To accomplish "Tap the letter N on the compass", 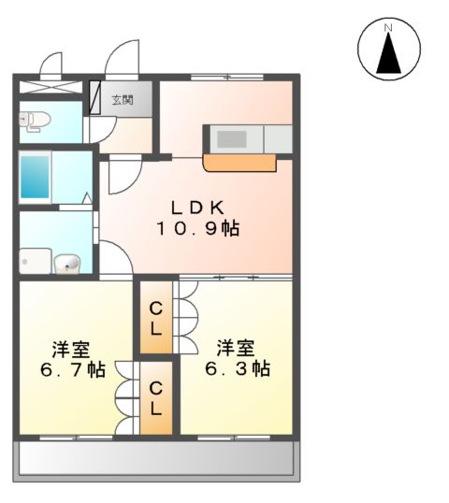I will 386,29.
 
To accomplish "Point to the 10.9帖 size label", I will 197,228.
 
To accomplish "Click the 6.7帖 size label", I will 71,369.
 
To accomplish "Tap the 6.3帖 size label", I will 238,368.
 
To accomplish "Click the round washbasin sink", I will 66,266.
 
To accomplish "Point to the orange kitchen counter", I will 239,164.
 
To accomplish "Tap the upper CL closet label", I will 156,319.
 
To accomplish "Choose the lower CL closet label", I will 156,398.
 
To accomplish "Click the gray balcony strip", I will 155,458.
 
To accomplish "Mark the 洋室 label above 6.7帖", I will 71,349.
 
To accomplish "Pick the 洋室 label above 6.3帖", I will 237,348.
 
